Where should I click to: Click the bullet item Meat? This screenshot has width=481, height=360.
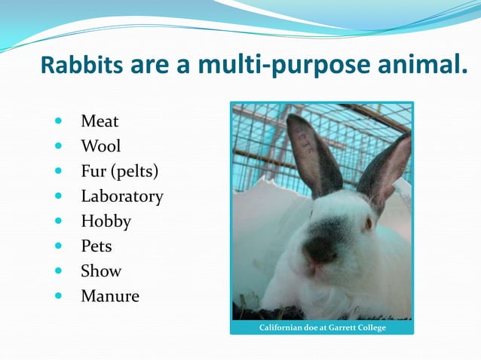tap(100, 121)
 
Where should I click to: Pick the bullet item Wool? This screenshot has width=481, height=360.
tap(100, 146)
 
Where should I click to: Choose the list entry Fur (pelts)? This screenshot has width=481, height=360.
tap(120, 171)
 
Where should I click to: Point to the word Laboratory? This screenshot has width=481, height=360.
tap(121, 197)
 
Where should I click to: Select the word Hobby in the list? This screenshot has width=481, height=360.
tap(106, 221)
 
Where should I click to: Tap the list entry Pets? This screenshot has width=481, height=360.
tap(96, 246)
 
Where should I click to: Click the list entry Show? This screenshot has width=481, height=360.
tap(101, 271)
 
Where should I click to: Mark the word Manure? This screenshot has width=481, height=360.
tap(109, 296)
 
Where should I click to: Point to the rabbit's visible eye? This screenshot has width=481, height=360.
tap(369, 224)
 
